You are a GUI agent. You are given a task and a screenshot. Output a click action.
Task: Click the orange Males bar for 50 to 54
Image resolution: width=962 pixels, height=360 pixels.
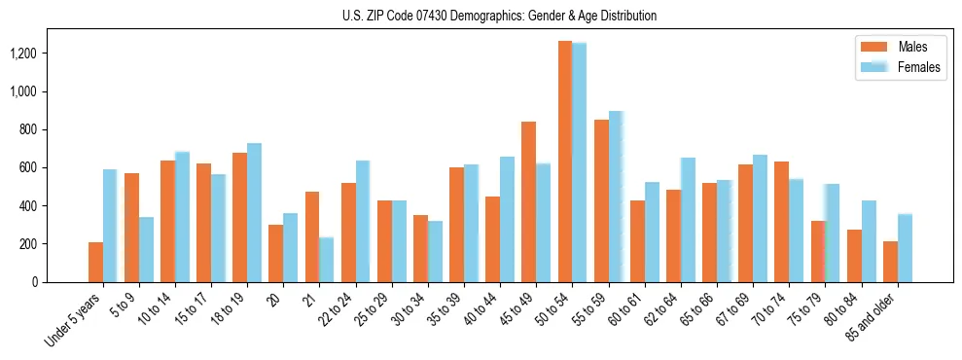click(x=565, y=162)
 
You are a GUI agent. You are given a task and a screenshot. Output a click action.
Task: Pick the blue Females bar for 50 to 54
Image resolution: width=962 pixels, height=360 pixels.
click(x=580, y=162)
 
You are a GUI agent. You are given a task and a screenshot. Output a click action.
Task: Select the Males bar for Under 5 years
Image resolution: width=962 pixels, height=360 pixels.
click(x=95, y=262)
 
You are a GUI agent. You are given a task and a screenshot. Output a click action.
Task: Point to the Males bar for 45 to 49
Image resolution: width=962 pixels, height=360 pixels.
click(x=529, y=201)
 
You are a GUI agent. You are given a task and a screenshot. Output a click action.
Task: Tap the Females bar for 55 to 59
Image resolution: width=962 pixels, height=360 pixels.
click(x=616, y=197)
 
